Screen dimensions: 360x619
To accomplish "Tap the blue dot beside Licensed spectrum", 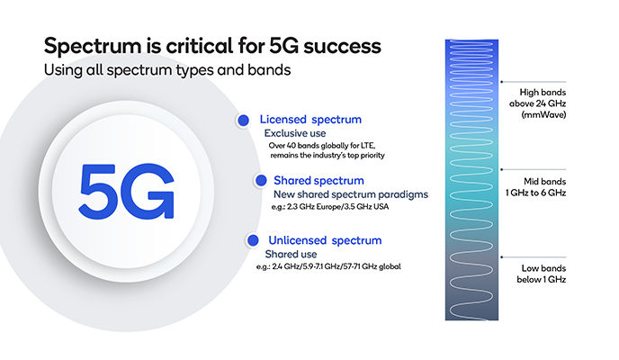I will (x=242, y=121).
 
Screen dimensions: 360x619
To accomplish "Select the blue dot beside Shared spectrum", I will (x=260, y=180).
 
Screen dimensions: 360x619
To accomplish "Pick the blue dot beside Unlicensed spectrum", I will (x=247, y=240).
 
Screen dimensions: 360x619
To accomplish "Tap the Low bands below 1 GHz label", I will (x=550, y=274).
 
